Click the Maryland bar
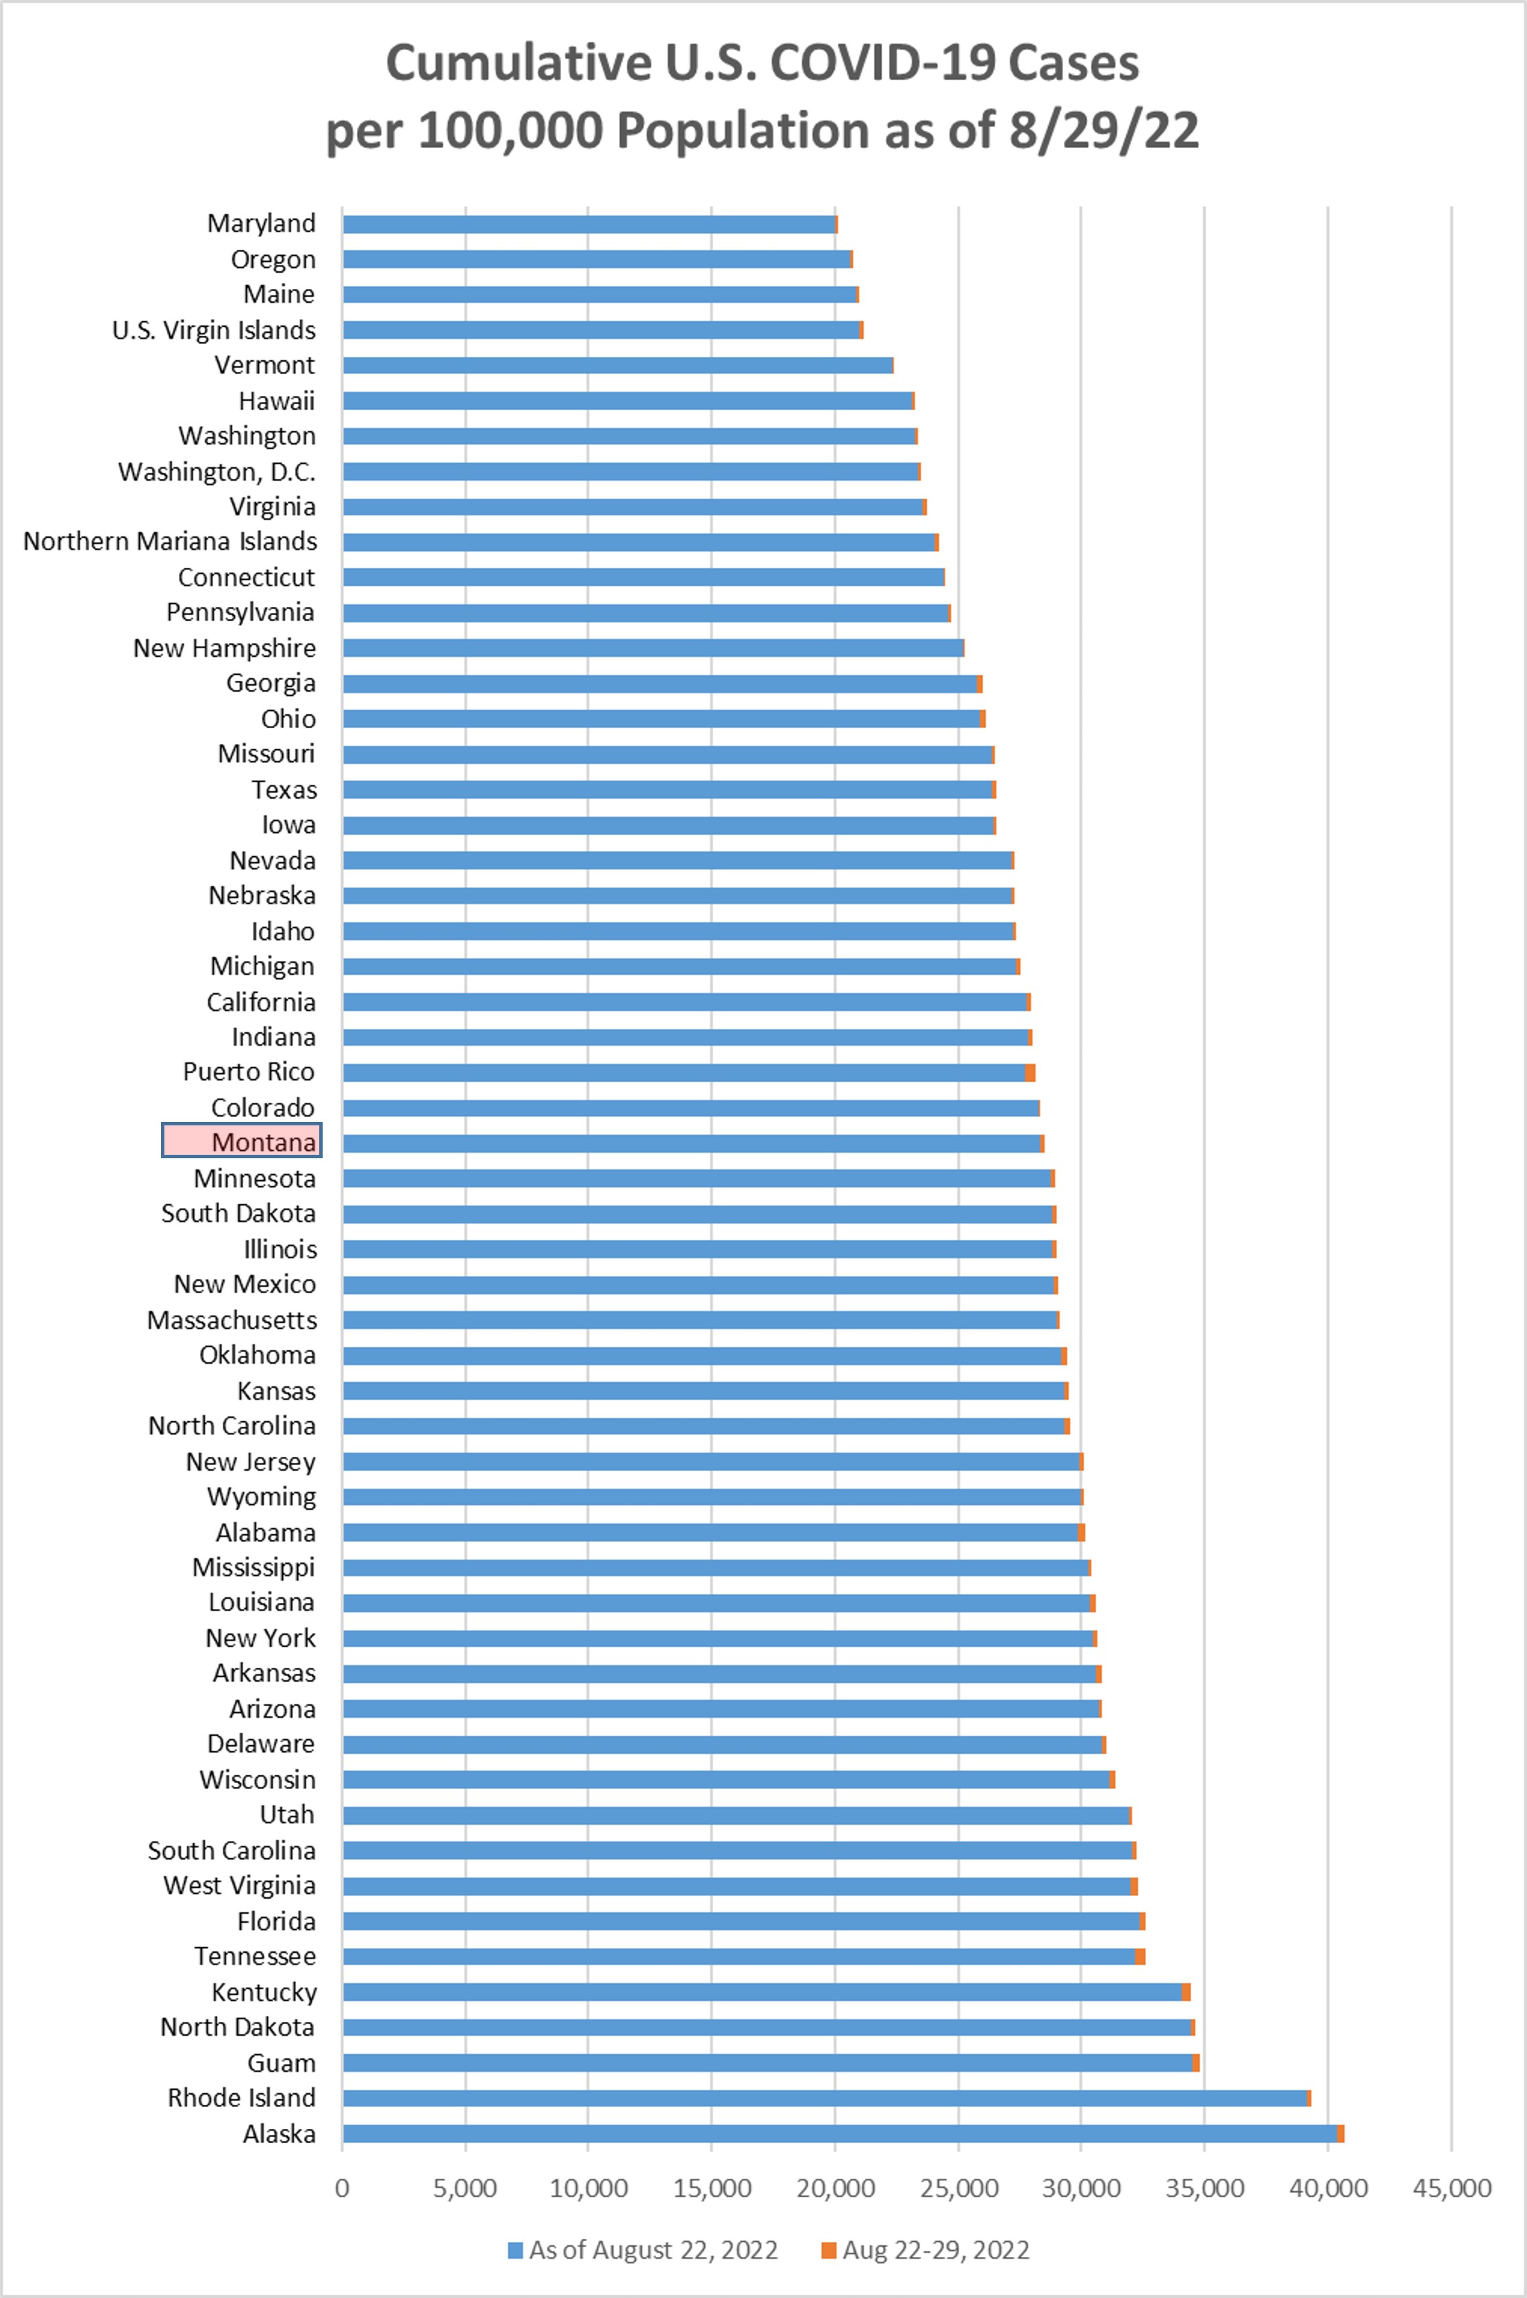(x=588, y=224)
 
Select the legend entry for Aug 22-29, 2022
(x=925, y=2250)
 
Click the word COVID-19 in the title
(x=882, y=63)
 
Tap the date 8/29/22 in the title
(x=1104, y=130)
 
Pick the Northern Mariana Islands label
(x=171, y=541)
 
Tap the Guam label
(x=282, y=2062)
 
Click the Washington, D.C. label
(x=217, y=471)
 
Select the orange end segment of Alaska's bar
(x=1341, y=2134)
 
